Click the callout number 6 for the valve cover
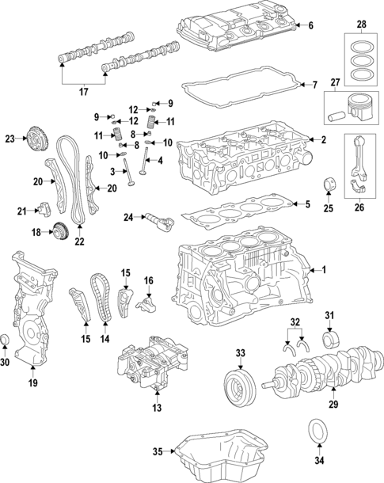[x=310, y=26]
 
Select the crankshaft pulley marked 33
[x=238, y=387]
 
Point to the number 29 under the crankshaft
[x=332, y=405]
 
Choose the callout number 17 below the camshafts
[x=83, y=91]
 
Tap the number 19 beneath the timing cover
[x=33, y=383]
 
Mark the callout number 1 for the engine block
[x=322, y=270]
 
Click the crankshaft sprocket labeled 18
[x=59, y=232]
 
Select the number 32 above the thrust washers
[x=295, y=321]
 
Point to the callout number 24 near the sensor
[x=127, y=217]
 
